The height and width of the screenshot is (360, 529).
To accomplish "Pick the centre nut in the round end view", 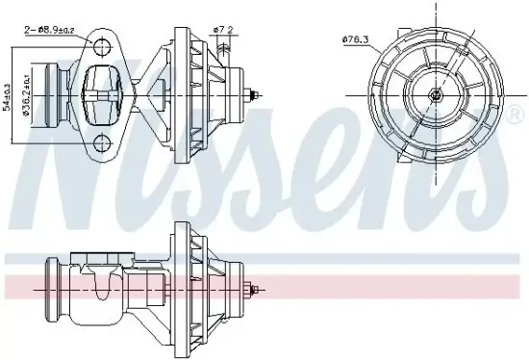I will [x=435, y=96].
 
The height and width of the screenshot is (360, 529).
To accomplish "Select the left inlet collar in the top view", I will [x=60, y=95].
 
